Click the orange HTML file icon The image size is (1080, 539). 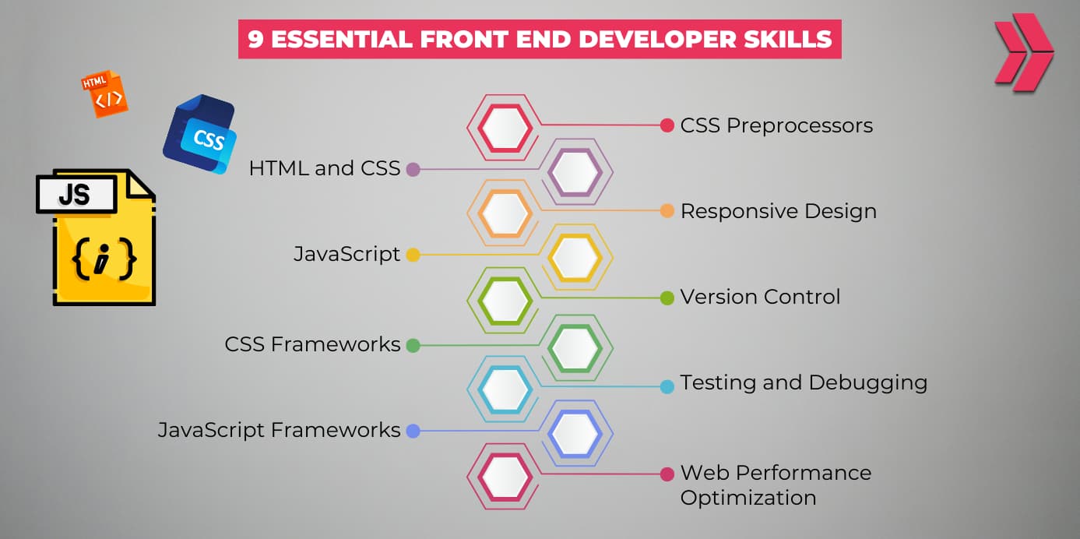pyautogui.click(x=104, y=94)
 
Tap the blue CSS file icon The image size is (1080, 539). pyautogui.click(x=200, y=134)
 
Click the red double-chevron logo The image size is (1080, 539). pyautogui.click(x=1023, y=51)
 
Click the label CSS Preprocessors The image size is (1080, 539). pyautogui.click(x=776, y=125)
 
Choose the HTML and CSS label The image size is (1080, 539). pyautogui.click(x=324, y=168)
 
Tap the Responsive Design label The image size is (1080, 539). pyautogui.click(x=778, y=211)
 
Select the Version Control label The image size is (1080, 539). pyautogui.click(x=760, y=297)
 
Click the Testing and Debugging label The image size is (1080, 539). pyautogui.click(x=804, y=382)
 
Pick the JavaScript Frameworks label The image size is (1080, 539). pyautogui.click(x=279, y=430)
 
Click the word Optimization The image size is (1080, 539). pyautogui.click(x=748, y=497)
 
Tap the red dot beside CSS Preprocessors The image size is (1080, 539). pyautogui.click(x=667, y=125)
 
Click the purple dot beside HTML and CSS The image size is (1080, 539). pyautogui.click(x=413, y=169)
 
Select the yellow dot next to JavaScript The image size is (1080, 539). pyautogui.click(x=413, y=255)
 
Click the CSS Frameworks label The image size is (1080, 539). pyautogui.click(x=312, y=344)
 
